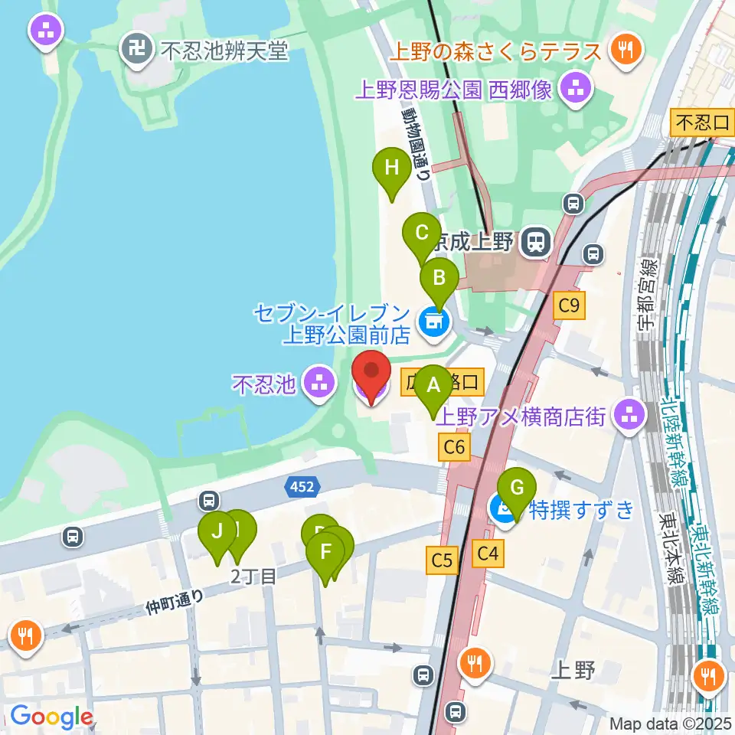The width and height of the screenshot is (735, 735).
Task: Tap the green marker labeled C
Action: tap(421, 233)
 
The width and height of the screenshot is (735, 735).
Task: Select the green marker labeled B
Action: tap(439, 276)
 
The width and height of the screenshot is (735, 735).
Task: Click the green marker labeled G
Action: tap(517, 488)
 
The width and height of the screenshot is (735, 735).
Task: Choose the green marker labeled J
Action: tap(217, 531)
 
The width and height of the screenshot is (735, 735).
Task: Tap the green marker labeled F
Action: tap(325, 552)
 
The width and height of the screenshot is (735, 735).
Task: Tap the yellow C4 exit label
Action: tap(487, 554)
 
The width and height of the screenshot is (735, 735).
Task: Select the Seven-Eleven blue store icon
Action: tap(433, 322)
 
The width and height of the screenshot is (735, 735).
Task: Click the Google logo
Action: tap(51, 717)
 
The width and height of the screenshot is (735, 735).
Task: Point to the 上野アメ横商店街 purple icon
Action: tap(630, 416)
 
